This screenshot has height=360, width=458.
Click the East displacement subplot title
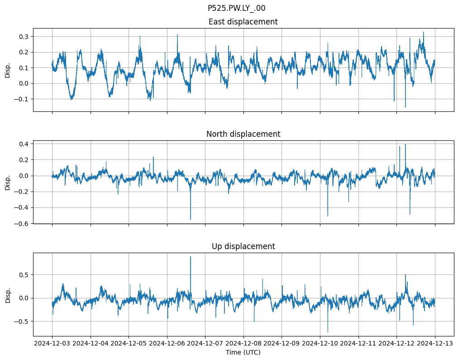[x=243, y=22]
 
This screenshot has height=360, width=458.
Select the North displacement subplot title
[x=243, y=134]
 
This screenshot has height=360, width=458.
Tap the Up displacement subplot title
[x=243, y=246]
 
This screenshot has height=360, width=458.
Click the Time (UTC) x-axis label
[x=243, y=352]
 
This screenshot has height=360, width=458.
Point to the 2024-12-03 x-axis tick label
[x=52, y=344]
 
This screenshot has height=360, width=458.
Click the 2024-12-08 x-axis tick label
[x=243, y=344]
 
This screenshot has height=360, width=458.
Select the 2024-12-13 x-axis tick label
[x=435, y=344]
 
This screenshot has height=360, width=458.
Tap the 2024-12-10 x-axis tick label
[x=320, y=344]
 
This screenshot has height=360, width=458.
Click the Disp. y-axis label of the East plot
[x=8, y=70]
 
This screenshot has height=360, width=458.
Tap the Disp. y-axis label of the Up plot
[x=8, y=294]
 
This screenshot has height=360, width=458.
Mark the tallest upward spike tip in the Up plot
[x=191, y=257]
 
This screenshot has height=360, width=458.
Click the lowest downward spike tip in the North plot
[x=191, y=220]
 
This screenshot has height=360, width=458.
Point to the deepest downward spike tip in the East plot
[x=405, y=107]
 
